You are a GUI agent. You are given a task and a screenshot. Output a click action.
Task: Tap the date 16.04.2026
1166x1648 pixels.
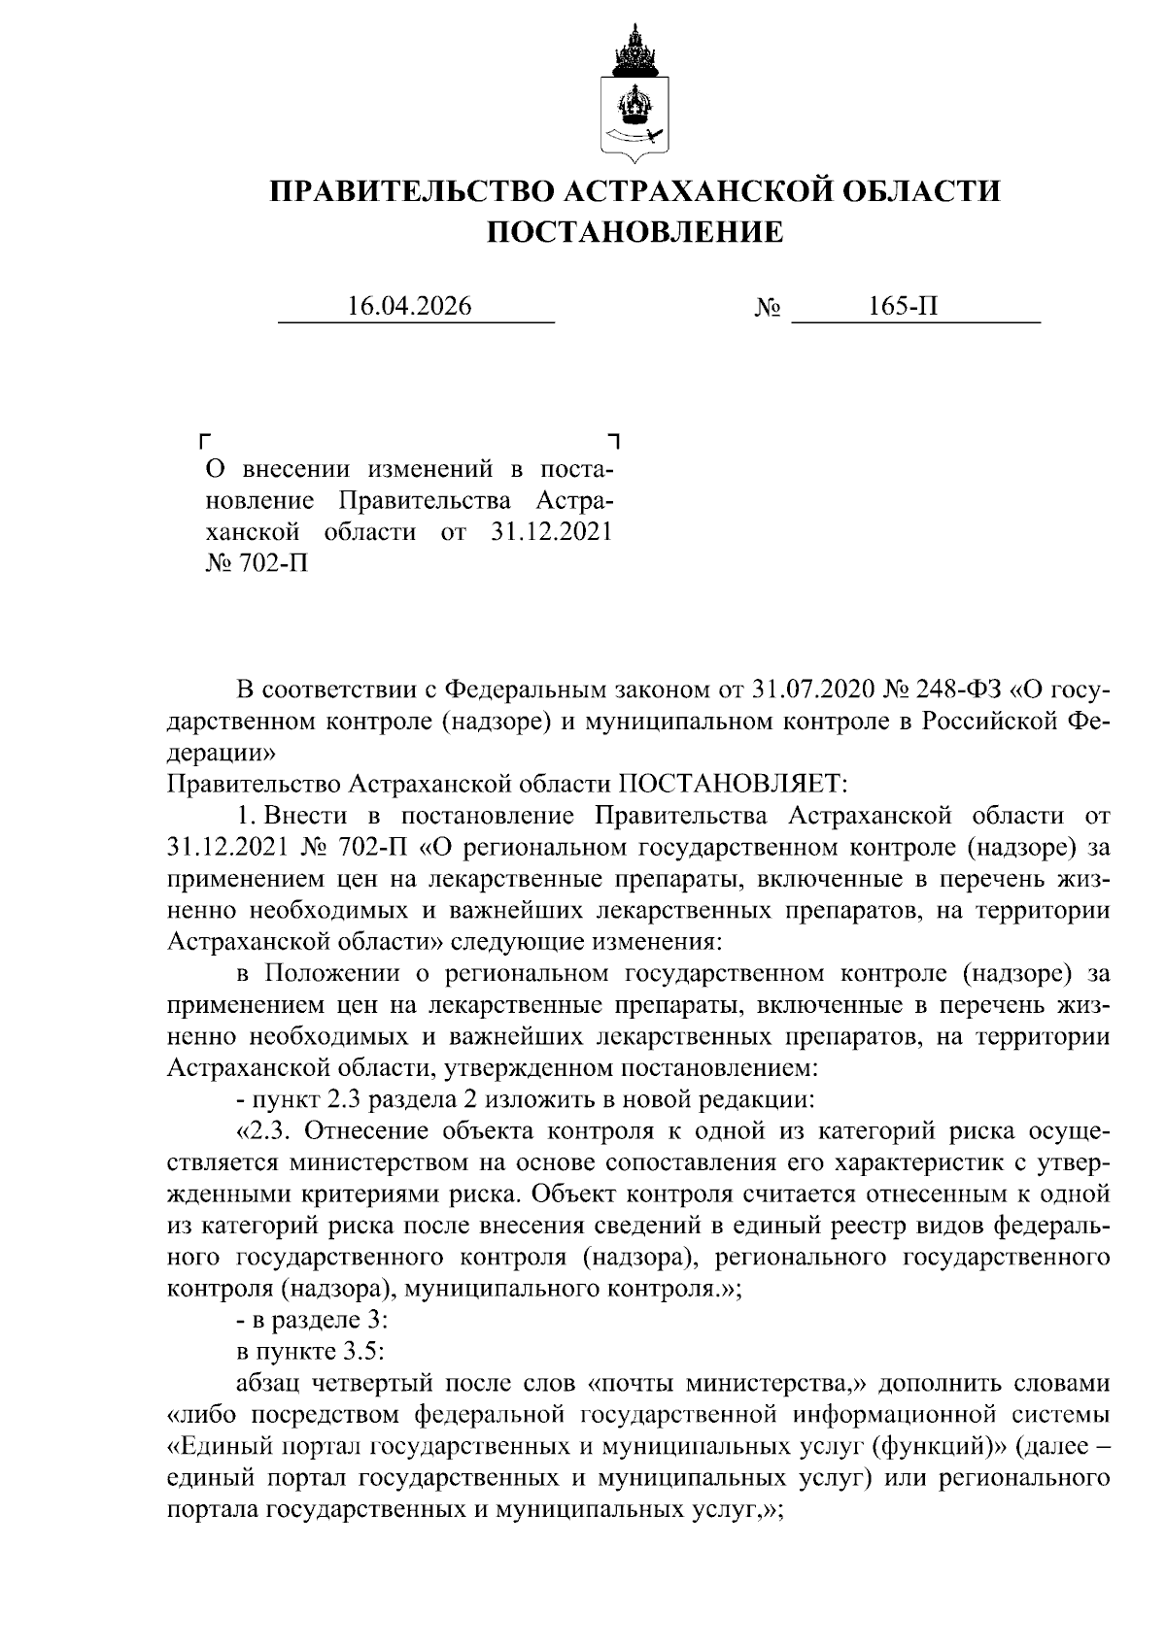pos(410,307)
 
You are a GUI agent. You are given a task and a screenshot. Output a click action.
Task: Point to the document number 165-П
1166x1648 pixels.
pos(904,307)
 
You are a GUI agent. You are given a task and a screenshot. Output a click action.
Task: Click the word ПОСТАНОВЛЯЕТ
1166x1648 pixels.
pos(733,783)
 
